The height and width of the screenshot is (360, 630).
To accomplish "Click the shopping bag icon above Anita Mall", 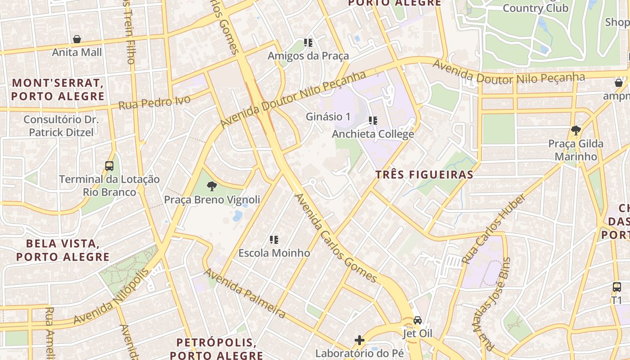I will tap(77, 39).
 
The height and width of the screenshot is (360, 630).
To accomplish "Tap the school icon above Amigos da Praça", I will tap(308, 43).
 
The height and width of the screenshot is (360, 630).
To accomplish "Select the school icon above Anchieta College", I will tap(373, 121).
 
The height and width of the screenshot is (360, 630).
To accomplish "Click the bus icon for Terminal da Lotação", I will tap(109, 166).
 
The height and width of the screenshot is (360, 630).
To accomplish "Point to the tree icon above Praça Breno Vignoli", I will tap(211, 186).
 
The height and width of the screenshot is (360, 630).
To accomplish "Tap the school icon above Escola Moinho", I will tap(274, 239).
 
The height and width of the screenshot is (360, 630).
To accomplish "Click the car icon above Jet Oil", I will tap(418, 320).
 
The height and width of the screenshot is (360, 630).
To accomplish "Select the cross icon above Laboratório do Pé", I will tap(359, 340).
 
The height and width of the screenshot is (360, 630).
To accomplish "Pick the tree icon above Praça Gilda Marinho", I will tap(576, 130).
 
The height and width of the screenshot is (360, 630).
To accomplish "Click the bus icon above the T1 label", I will tap(616, 287).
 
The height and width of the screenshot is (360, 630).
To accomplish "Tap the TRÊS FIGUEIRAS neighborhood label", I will tap(424, 175).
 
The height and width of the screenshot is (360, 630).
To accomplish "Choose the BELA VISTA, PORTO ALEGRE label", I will tap(63, 250).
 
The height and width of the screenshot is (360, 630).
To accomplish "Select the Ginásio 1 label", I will tap(328, 117).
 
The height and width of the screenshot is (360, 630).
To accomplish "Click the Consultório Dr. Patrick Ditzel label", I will tap(61, 126).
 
